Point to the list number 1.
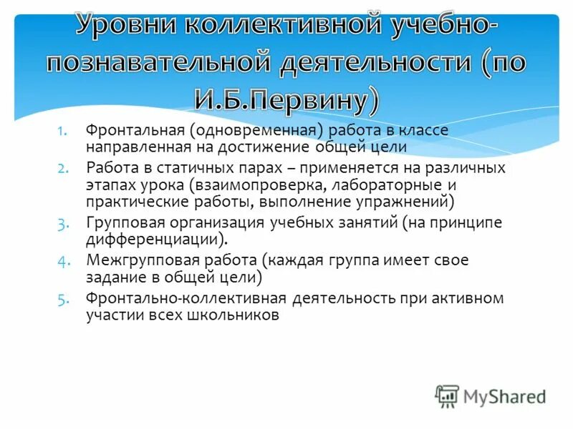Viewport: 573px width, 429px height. coord(62,131)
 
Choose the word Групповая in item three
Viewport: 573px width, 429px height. coord(120,222)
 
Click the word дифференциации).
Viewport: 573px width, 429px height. coord(157,239)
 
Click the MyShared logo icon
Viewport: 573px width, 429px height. coord(448,395)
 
